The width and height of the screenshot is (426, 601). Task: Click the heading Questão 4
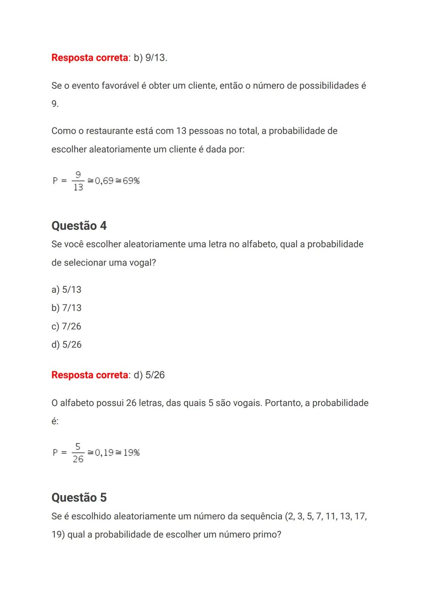click(x=79, y=226)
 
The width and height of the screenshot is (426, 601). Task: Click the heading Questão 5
click(x=79, y=498)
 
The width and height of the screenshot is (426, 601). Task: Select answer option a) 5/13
click(x=66, y=290)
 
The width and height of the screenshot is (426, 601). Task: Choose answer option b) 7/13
click(x=66, y=308)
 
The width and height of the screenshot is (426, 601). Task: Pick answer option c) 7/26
click(x=66, y=326)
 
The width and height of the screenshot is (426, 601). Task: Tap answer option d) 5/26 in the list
click(x=66, y=344)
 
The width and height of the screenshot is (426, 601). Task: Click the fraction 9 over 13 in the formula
click(x=78, y=181)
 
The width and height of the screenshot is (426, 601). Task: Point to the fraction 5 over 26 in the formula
click(x=78, y=453)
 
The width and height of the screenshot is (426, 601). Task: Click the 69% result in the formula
click(x=131, y=181)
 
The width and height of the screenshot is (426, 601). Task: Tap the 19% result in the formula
click(x=131, y=453)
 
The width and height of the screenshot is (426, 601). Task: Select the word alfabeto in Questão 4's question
click(x=259, y=244)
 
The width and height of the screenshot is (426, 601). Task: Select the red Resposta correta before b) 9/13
click(x=90, y=58)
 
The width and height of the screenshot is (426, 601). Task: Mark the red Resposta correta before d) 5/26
click(x=90, y=375)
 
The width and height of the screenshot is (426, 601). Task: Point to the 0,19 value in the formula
click(x=104, y=453)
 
